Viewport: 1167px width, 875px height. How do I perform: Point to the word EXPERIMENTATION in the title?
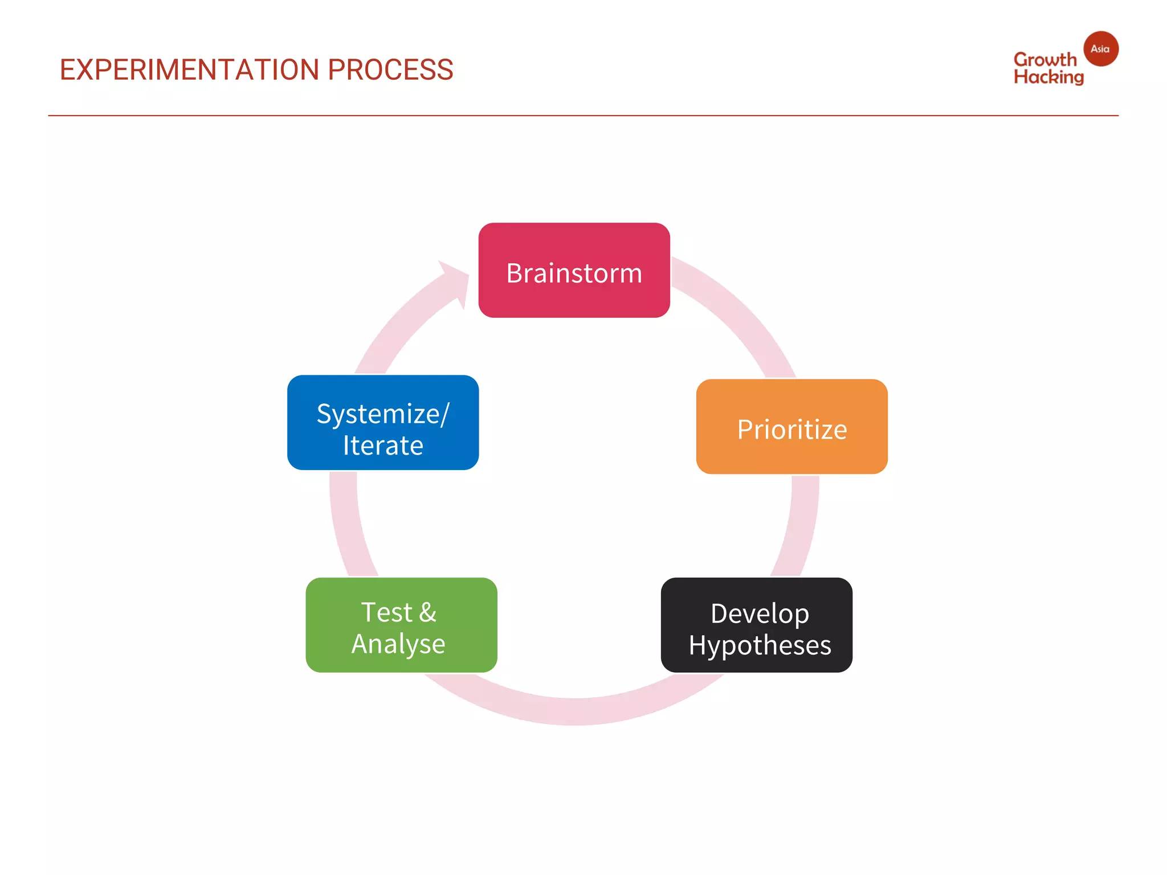(190, 70)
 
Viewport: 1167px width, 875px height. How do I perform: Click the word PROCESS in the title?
(390, 70)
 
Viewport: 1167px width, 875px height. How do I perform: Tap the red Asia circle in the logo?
(1100, 49)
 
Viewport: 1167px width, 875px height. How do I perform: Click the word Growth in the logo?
(1044, 59)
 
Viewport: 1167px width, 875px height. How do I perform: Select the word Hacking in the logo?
(1048, 77)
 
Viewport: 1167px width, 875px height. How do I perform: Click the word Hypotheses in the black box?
(760, 645)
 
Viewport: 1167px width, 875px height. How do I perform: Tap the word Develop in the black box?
(760, 614)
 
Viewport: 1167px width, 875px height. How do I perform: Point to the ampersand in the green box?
(428, 612)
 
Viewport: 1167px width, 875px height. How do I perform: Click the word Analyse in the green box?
(398, 644)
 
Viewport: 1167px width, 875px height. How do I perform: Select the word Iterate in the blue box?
(383, 445)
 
